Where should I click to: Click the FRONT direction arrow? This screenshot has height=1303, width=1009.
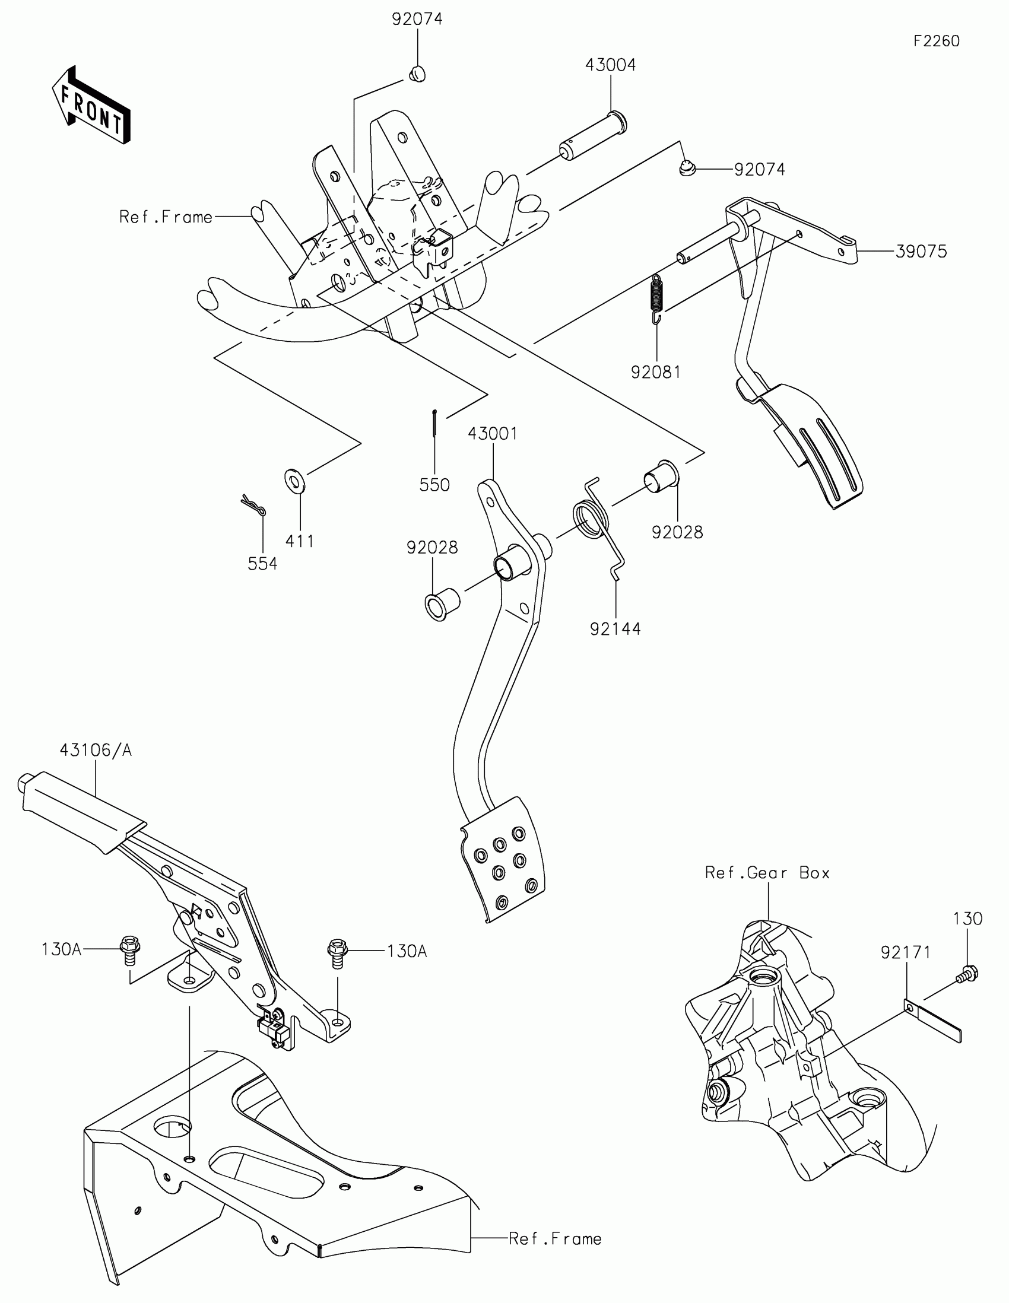tap(91, 104)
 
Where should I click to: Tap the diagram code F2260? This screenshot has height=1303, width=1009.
tap(936, 41)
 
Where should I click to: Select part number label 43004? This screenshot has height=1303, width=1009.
tap(610, 65)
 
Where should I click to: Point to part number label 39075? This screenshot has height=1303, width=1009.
tap(921, 252)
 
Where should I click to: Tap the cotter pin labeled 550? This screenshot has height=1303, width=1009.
tap(435, 424)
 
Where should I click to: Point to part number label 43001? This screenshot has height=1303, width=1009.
tap(492, 434)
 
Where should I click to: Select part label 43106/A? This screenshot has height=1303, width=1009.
tap(96, 750)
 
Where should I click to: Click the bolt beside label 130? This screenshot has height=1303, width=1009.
tap(968, 974)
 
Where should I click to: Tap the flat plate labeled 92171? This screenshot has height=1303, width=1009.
tap(932, 1019)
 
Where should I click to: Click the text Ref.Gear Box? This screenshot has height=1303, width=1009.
tap(767, 873)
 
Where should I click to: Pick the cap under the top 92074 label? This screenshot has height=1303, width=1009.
tap(417, 74)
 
